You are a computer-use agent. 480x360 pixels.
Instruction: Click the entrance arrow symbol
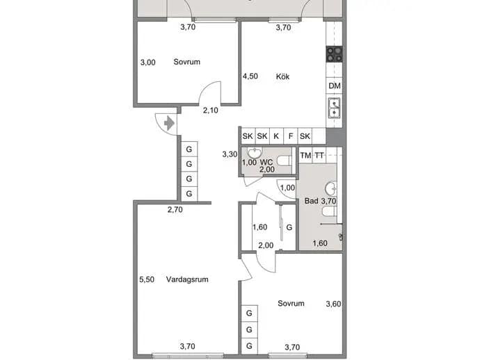pos(169,124)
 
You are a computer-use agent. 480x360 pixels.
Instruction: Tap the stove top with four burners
pos(335,54)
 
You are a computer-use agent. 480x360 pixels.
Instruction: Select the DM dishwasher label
pos(335,86)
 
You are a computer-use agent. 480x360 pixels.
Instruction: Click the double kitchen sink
pos(334,108)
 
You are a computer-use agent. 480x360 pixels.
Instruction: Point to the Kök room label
pos(282,76)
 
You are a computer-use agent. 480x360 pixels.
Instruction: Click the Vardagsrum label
pos(187,279)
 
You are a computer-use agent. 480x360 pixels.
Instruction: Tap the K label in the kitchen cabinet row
pos(276,136)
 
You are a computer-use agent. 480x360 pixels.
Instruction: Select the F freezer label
pos(291,136)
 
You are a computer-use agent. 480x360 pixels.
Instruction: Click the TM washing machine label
pos(305,156)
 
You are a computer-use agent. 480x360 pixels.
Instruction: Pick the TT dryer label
pos(319,156)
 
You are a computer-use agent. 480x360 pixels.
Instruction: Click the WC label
pos(266,162)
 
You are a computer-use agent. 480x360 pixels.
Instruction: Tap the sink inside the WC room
pos(255,153)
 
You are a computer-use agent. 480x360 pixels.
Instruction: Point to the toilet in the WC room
pos(284,161)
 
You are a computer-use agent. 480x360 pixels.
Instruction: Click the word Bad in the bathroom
pos(312,201)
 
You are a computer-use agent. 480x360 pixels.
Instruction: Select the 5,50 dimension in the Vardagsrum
pos(147,279)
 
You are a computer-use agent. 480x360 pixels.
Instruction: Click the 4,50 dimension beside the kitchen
pos(250,76)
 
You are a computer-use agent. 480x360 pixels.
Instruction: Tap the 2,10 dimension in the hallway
pos(211,110)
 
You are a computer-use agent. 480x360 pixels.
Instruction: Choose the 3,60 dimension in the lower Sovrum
pos(333,304)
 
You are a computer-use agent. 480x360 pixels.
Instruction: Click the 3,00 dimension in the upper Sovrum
pos(148,63)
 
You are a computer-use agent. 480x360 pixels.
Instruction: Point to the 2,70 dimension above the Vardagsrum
pos(175,209)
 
